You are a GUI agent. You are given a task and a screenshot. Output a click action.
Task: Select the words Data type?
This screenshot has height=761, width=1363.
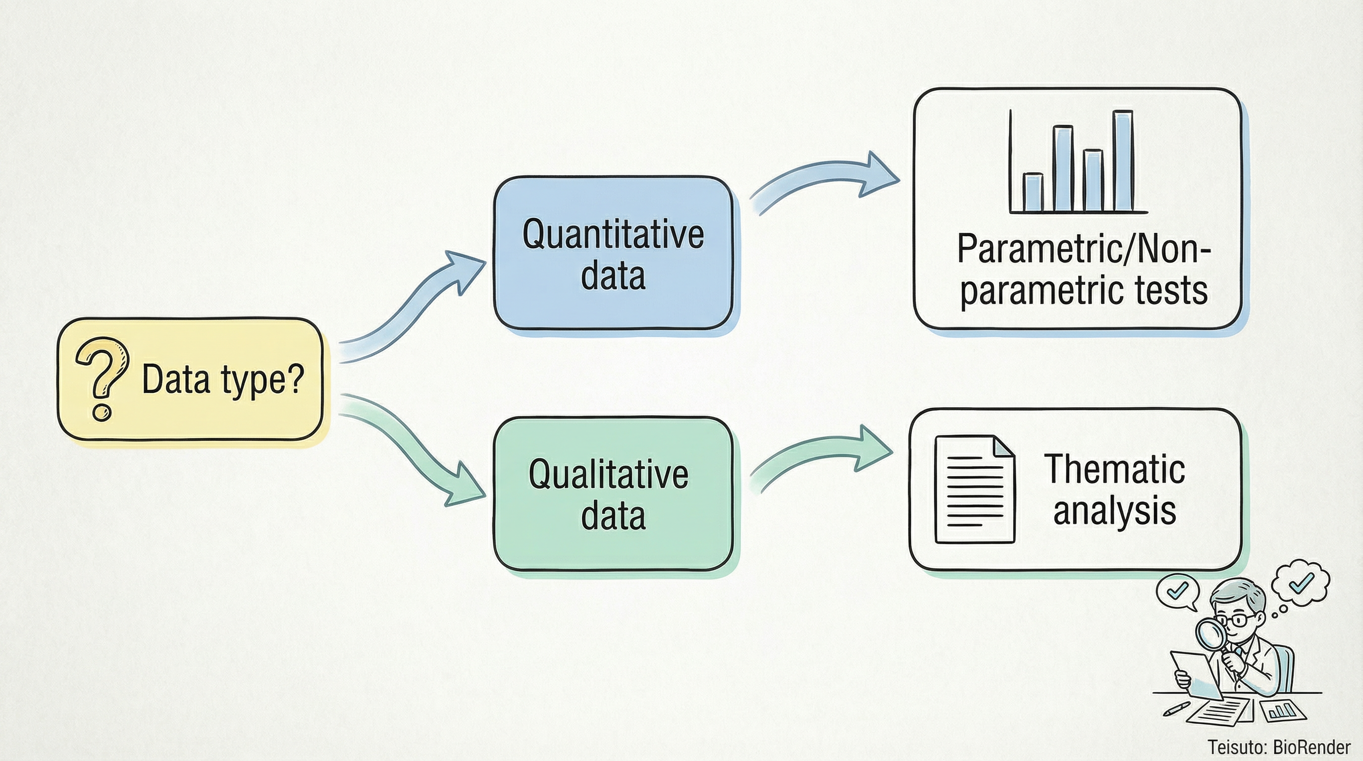223,380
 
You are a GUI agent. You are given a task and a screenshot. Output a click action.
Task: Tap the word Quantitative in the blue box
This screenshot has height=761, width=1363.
613,234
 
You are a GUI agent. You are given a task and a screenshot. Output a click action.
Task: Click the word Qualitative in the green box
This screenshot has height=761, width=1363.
609,474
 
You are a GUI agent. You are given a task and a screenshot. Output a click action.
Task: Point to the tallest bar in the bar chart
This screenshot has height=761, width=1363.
1123,161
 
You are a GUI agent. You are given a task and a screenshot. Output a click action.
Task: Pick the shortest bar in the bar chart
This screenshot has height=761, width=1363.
1033,193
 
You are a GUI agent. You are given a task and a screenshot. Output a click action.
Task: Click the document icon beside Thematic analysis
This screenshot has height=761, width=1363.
975,489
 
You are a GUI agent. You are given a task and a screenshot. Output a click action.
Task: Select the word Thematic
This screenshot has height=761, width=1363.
1114,469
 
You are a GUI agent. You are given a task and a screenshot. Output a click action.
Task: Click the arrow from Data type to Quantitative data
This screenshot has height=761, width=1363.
413,307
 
